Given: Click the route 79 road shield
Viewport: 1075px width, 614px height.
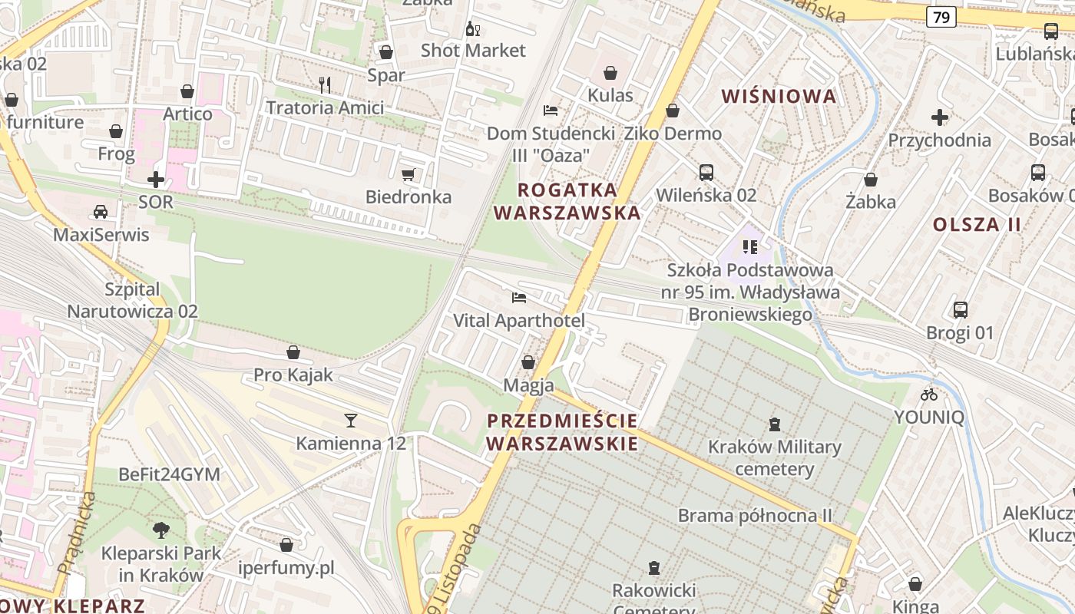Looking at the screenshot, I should click(x=941, y=17).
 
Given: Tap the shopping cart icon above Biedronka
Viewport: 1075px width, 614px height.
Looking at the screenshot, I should click(x=408, y=174).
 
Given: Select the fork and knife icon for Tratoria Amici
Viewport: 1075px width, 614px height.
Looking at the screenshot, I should click(x=325, y=84).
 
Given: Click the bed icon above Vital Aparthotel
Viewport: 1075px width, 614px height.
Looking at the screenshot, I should click(x=519, y=298).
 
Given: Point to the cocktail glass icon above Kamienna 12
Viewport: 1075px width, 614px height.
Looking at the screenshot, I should click(x=351, y=420).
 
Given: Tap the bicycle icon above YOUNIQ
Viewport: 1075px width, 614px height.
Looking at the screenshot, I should click(x=929, y=394).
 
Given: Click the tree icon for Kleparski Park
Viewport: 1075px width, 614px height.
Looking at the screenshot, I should click(x=160, y=530).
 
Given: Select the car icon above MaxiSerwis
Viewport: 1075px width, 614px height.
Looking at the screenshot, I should click(x=101, y=211).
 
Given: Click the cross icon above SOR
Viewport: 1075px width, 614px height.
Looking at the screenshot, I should click(x=156, y=180).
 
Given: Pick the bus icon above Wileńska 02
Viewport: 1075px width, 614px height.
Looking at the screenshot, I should click(x=706, y=172).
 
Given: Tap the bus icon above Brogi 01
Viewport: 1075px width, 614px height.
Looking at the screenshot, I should click(x=960, y=310).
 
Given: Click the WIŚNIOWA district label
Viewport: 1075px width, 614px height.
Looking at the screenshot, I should click(x=779, y=97).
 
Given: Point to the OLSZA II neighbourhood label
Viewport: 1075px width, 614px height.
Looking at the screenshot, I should click(x=977, y=225).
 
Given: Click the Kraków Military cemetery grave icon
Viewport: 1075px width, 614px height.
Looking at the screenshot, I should click(x=775, y=424).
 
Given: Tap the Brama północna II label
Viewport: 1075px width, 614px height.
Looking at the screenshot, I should click(x=755, y=515).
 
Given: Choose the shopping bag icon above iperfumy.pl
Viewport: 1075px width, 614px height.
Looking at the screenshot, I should click(x=286, y=545).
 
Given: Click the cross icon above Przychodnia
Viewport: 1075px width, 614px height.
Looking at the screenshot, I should click(x=939, y=117).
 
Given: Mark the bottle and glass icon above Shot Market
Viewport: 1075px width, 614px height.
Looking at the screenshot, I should click(x=473, y=29).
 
